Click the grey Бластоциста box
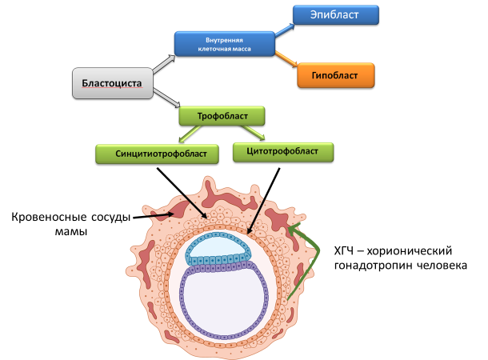coord(112,84)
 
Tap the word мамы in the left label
coord(72,232)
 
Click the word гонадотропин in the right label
coord(373,265)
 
